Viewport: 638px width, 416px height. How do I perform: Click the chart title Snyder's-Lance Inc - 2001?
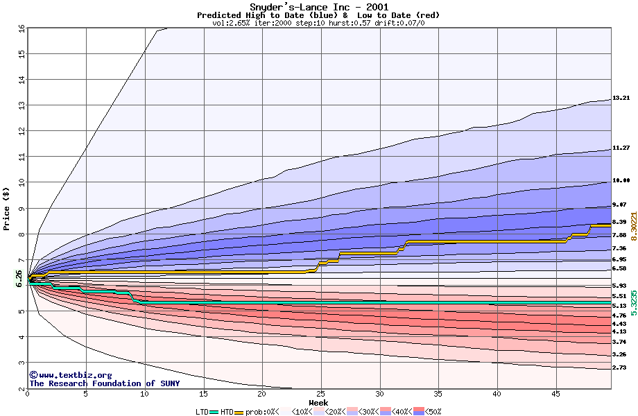tap(319, 7)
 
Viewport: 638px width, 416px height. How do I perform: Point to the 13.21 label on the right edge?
tap(621, 98)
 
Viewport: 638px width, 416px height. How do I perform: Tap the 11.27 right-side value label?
tap(621, 148)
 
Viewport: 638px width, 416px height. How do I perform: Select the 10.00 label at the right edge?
tap(621, 180)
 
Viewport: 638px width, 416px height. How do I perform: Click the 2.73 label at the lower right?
tap(619, 367)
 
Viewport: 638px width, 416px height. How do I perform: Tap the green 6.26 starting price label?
tap(19, 278)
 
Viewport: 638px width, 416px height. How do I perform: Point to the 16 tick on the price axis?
tap(21, 28)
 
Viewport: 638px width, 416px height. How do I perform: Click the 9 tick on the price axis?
tap(21, 209)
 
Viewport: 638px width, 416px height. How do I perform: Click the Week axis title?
tap(318, 403)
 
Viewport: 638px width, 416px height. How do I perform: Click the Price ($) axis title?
tap(6, 208)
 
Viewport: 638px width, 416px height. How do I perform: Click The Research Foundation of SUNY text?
tap(104, 383)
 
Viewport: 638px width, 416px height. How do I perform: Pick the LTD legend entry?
tap(202, 412)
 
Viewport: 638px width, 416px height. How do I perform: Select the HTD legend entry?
tap(227, 412)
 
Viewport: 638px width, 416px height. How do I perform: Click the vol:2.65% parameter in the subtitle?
tap(233, 23)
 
